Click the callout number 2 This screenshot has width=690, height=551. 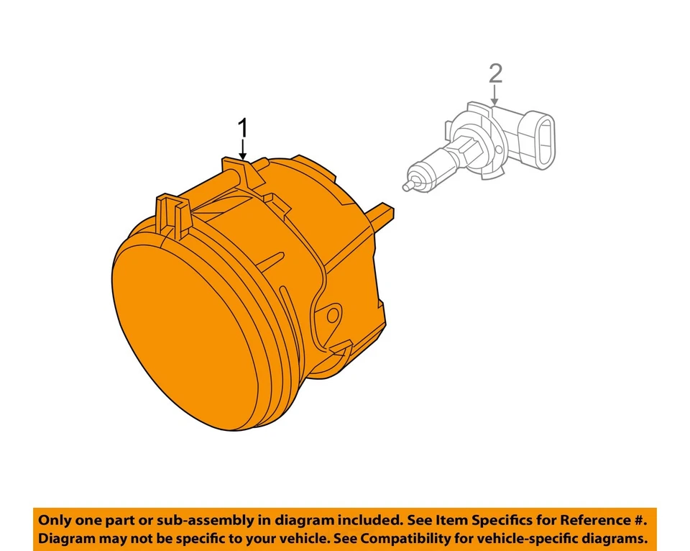pos(494,73)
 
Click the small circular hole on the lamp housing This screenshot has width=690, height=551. pos(332,316)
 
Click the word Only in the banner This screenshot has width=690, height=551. pos(56,519)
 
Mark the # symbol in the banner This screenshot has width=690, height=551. pos(639,519)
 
